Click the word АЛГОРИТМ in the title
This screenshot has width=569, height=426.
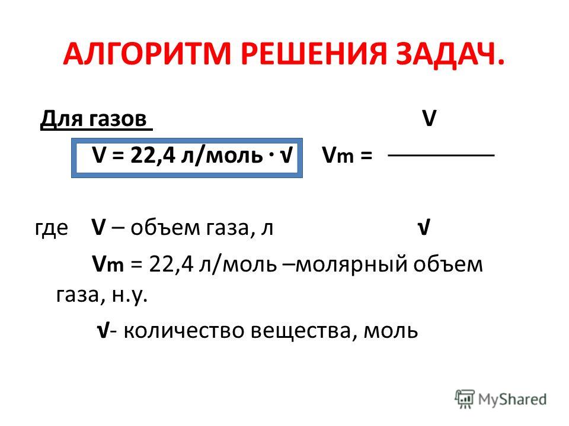point(148,54)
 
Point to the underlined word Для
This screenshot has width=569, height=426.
point(62,118)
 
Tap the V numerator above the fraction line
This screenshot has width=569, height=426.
point(429,118)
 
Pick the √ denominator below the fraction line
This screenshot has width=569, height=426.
point(424,227)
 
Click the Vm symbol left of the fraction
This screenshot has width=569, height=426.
point(337,156)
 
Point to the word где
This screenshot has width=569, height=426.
point(52,229)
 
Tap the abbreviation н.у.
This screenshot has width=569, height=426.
point(130,296)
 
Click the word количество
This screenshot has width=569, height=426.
point(184,330)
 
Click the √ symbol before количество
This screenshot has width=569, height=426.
point(103,330)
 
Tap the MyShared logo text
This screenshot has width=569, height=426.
point(512,399)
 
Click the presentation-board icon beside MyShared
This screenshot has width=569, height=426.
point(465,399)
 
